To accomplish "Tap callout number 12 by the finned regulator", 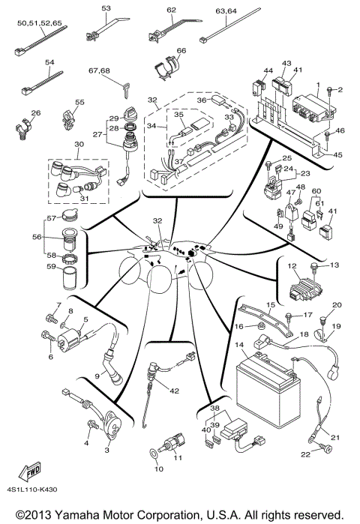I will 290,266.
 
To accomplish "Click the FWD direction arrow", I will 32,472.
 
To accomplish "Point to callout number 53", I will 106,8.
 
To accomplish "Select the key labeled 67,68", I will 120,88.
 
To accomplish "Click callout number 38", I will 214,408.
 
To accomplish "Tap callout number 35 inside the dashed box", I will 178,115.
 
